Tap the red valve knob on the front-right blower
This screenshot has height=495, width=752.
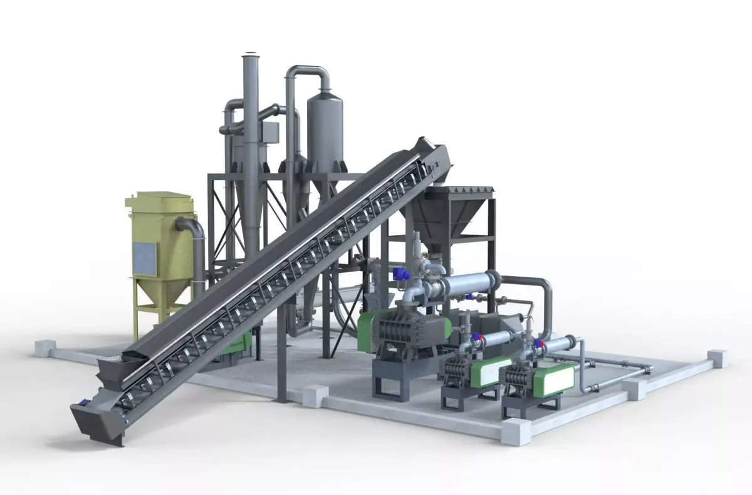click(537, 343)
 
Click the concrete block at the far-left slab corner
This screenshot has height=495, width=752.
click(44, 347)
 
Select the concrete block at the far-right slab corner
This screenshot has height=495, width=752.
click(717, 358)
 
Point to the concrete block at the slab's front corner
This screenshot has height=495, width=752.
click(518, 433)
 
